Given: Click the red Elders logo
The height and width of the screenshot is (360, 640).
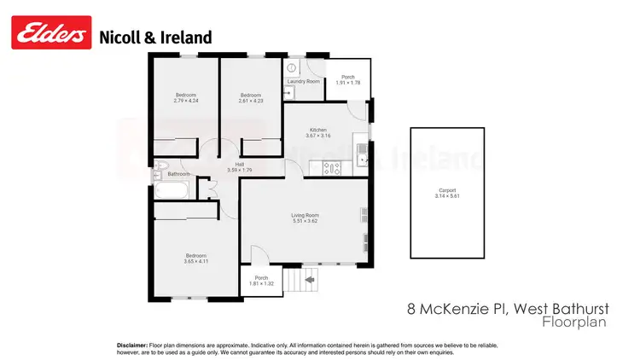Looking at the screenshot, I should [x=50, y=36].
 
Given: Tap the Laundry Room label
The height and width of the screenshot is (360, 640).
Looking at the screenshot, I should [x=303, y=81].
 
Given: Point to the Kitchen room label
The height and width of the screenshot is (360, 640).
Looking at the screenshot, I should [x=318, y=130].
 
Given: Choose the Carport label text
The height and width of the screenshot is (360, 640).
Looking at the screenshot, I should [x=447, y=190].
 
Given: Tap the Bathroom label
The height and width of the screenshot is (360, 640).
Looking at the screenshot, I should [x=179, y=174].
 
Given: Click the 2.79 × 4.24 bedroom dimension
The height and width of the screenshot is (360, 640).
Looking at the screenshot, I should [x=186, y=101].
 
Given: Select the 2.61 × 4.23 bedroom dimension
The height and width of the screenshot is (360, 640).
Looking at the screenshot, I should [x=249, y=101].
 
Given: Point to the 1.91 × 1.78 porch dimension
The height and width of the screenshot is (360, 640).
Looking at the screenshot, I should [x=348, y=83].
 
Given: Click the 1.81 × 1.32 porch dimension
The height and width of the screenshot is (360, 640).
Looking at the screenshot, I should [x=261, y=283].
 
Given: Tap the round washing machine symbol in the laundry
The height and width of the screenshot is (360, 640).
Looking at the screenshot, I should [x=291, y=66].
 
